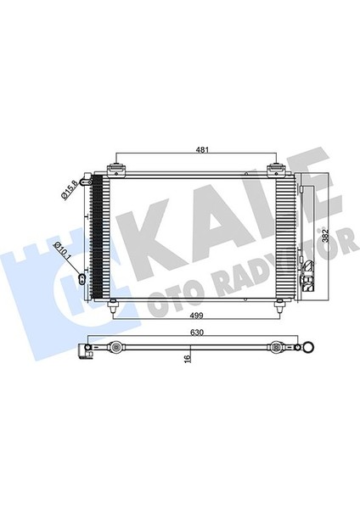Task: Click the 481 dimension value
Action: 202,149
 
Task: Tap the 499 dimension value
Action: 197,315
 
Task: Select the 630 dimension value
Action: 197,333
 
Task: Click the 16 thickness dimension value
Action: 187,358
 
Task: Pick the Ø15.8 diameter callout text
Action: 69,189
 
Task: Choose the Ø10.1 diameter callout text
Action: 63,251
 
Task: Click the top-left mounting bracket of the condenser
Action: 116,171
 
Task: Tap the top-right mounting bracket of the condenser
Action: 276,171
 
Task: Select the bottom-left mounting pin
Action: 113,305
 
